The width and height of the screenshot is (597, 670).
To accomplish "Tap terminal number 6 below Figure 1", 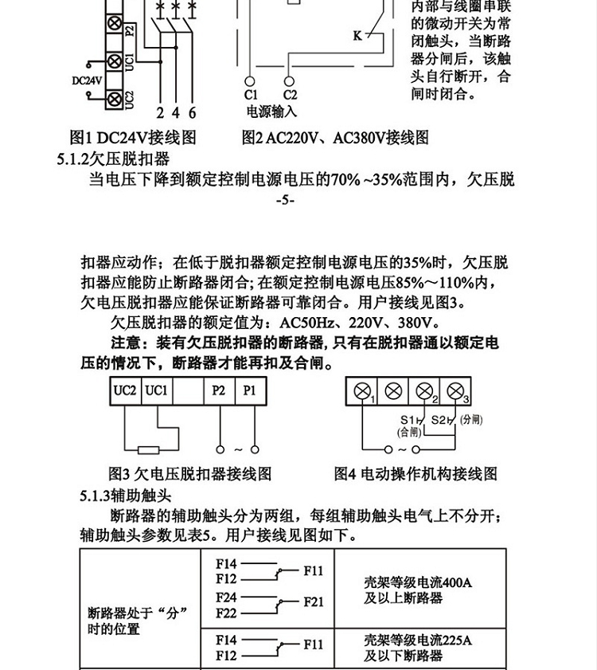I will [x=192, y=112].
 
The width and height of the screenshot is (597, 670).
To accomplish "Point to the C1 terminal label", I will [x=250, y=96].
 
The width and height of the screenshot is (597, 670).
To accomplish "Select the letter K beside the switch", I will [x=357, y=35].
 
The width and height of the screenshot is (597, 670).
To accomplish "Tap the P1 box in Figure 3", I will [x=250, y=390].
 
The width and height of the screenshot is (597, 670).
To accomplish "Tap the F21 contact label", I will [x=313, y=602].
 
